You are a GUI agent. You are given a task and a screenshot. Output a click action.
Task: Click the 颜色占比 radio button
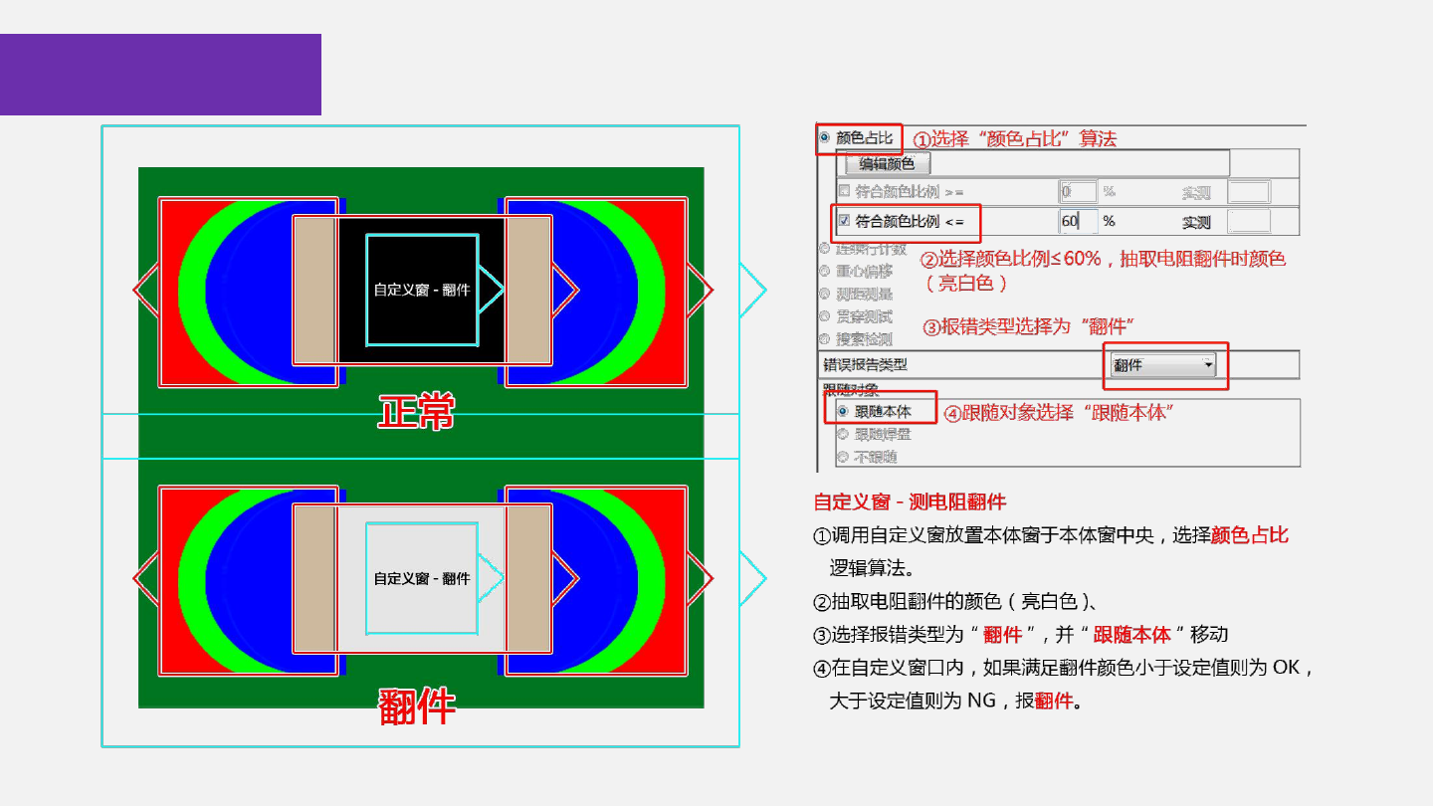click(x=825, y=137)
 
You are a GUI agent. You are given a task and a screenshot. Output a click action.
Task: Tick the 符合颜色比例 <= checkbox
click(x=844, y=221)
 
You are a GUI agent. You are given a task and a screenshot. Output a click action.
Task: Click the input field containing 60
click(x=1078, y=221)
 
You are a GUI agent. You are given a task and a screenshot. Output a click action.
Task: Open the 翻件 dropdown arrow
click(x=1208, y=365)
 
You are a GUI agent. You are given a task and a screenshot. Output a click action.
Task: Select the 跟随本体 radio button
click(x=843, y=411)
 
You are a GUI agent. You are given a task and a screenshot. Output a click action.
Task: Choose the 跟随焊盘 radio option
click(x=843, y=434)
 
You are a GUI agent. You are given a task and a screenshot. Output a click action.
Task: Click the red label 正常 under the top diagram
click(x=416, y=411)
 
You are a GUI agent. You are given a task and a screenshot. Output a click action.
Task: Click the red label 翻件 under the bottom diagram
click(x=417, y=705)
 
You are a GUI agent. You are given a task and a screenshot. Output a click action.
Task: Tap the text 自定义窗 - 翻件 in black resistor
click(x=422, y=290)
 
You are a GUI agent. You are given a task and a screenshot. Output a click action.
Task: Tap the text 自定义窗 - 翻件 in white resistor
click(x=422, y=578)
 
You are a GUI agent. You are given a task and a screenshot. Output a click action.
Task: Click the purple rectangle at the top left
click(x=160, y=75)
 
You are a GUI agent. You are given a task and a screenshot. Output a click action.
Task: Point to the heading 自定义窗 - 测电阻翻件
click(x=910, y=502)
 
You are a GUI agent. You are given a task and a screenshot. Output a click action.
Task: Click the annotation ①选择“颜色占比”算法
click(x=1015, y=139)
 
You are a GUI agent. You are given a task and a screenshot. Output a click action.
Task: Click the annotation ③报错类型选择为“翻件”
click(x=1029, y=326)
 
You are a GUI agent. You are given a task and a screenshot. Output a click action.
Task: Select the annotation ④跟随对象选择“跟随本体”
click(x=1057, y=412)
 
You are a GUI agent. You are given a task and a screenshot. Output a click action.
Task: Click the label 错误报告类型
click(x=865, y=365)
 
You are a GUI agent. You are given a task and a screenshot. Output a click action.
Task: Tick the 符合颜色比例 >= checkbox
click(x=844, y=191)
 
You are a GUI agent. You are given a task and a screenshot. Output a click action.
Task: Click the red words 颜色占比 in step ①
click(x=1250, y=535)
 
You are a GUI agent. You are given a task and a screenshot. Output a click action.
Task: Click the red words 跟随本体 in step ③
click(x=1131, y=635)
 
